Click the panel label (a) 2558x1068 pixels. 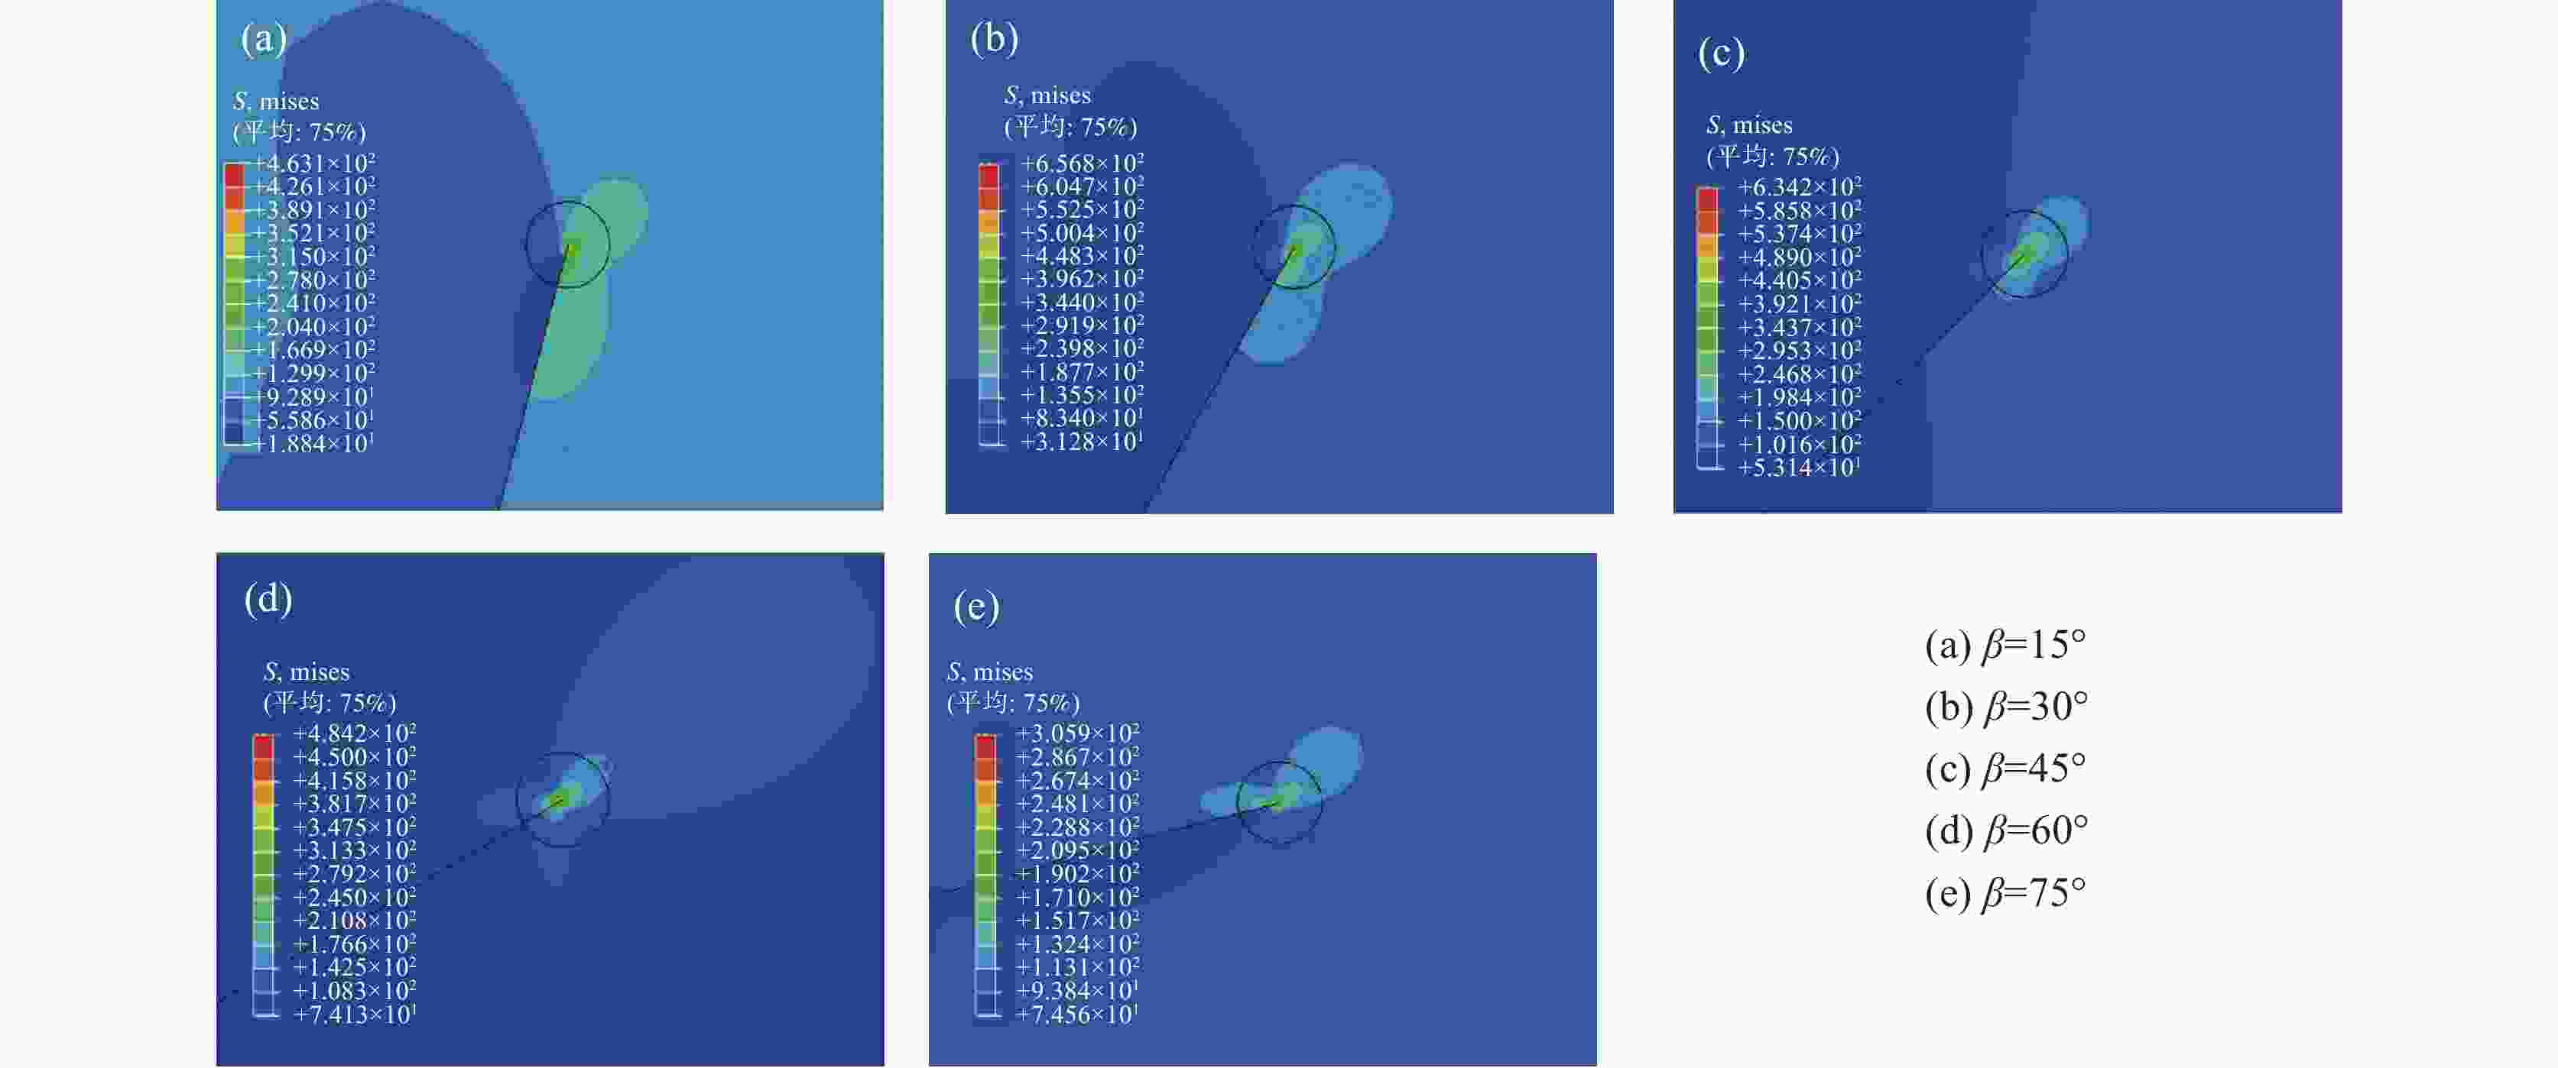(x=263, y=39)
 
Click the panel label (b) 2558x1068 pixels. (x=994, y=39)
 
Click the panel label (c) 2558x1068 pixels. (x=1721, y=53)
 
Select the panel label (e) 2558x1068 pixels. (x=976, y=606)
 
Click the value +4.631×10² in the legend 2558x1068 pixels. (x=313, y=163)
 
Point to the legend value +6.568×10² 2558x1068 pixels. (x=1082, y=163)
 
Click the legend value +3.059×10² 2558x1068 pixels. (x=1076, y=733)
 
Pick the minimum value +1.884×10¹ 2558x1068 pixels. (x=313, y=444)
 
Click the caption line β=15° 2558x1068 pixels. (x=2005, y=646)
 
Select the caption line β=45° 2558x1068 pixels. (x=2005, y=769)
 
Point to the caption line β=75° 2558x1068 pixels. (x=2005, y=893)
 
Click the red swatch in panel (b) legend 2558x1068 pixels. (x=989, y=176)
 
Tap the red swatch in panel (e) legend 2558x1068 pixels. (x=985, y=746)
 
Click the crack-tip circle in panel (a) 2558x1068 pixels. (x=567, y=244)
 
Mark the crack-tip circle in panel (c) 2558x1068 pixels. (x=2024, y=253)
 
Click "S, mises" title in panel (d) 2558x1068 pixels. (x=307, y=672)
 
